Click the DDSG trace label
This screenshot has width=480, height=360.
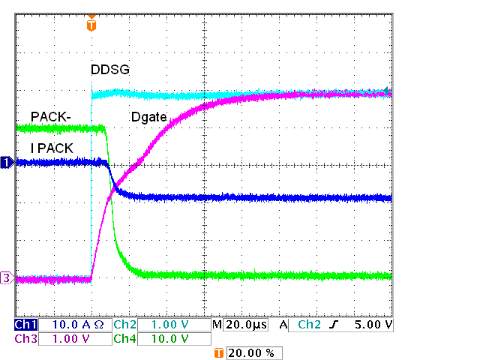point(110,70)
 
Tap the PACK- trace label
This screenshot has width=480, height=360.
point(50,116)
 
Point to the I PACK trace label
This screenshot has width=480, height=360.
point(52,148)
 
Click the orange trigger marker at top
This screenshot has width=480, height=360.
point(91,24)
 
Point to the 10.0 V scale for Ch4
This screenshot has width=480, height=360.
point(172,339)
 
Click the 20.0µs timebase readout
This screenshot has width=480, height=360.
point(247,325)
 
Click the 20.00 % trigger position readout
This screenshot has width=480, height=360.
point(254,352)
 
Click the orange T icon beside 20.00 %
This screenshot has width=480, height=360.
point(219,352)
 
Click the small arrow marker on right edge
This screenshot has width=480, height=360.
point(388,91)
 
